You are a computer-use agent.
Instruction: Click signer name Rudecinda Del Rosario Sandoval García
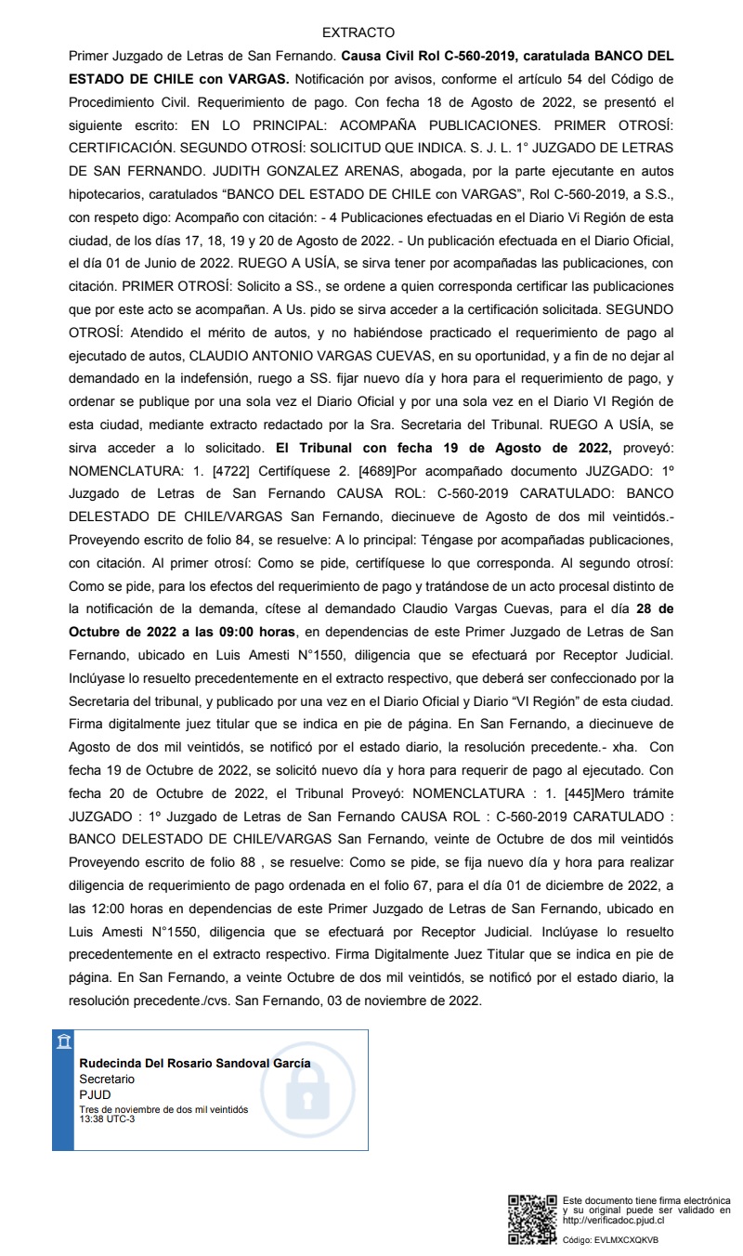tap(195, 1064)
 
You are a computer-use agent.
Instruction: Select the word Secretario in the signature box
tap(107, 1079)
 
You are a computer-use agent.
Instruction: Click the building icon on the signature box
tap(63, 1040)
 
